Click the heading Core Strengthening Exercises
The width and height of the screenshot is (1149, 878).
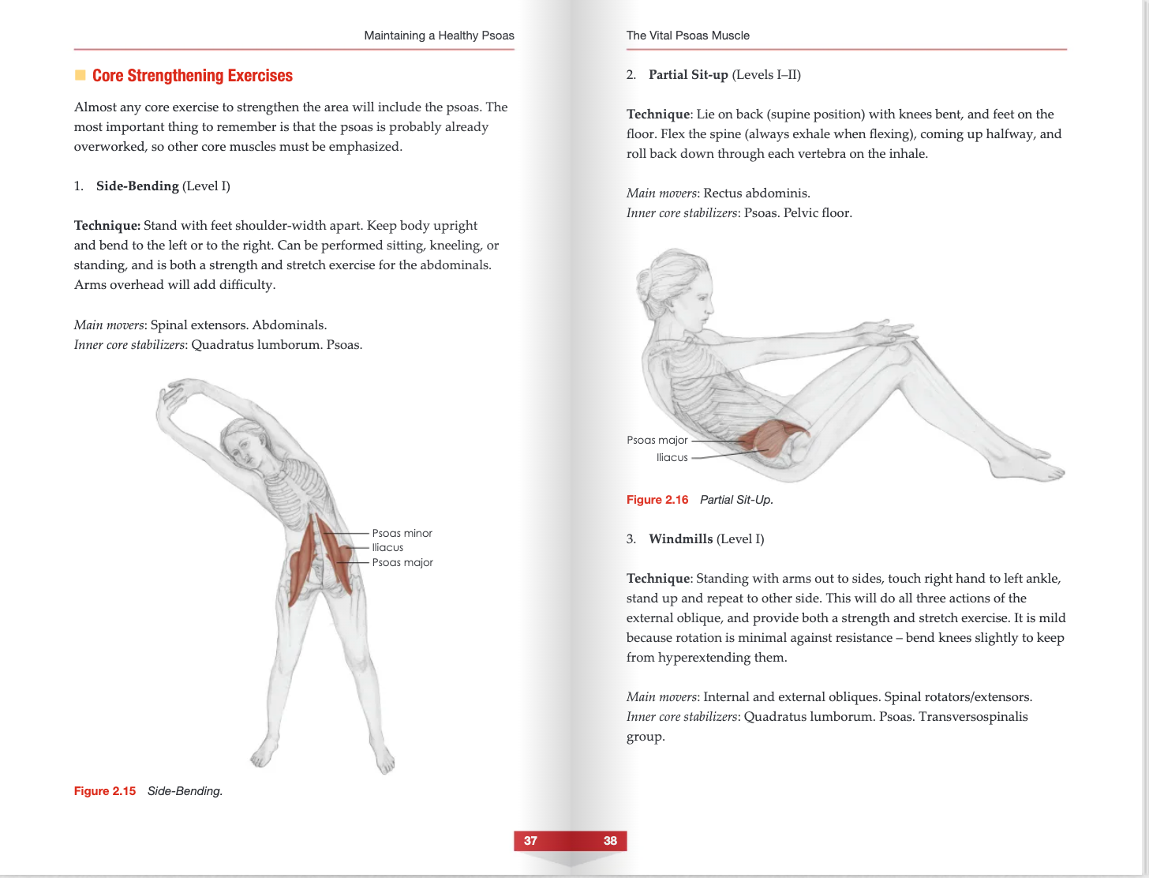192,76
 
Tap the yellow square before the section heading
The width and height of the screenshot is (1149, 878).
80,76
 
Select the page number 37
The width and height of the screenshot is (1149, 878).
530,841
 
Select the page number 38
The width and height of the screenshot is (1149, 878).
610,841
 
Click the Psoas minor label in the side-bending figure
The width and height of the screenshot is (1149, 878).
402,533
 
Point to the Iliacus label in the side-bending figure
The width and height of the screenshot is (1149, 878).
387,547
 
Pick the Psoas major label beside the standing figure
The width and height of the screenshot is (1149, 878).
402,562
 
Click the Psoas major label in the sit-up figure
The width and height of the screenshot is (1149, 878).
657,440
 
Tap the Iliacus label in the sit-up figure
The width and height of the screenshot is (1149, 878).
672,457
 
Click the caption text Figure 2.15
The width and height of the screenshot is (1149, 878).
105,791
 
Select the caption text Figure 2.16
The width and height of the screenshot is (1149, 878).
657,500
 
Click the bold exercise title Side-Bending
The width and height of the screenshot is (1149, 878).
137,186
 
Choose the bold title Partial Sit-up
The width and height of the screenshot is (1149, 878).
688,75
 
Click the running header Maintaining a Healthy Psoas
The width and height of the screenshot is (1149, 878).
439,36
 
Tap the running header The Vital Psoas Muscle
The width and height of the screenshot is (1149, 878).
687,36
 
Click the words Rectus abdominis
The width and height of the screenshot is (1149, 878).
756,193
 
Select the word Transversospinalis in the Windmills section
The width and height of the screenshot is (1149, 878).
973,717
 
